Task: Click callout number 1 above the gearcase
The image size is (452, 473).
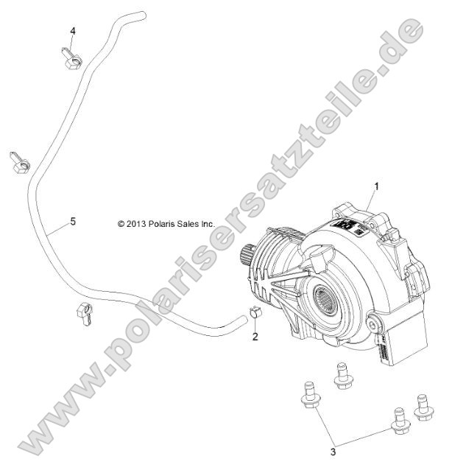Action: (x=376, y=187)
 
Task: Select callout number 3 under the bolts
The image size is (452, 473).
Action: (x=332, y=451)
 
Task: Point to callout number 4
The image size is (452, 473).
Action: (x=73, y=30)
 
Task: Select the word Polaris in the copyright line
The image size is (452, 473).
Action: (x=166, y=223)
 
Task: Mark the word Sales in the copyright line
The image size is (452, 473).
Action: (x=192, y=223)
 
